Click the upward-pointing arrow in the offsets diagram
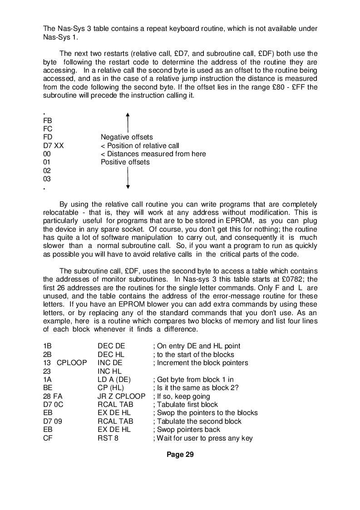(x=128, y=123)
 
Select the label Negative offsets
(x=127, y=137)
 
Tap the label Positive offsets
(x=125, y=162)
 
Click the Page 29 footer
(x=180, y=455)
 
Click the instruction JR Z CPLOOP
(x=121, y=396)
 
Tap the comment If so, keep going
(x=182, y=396)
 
